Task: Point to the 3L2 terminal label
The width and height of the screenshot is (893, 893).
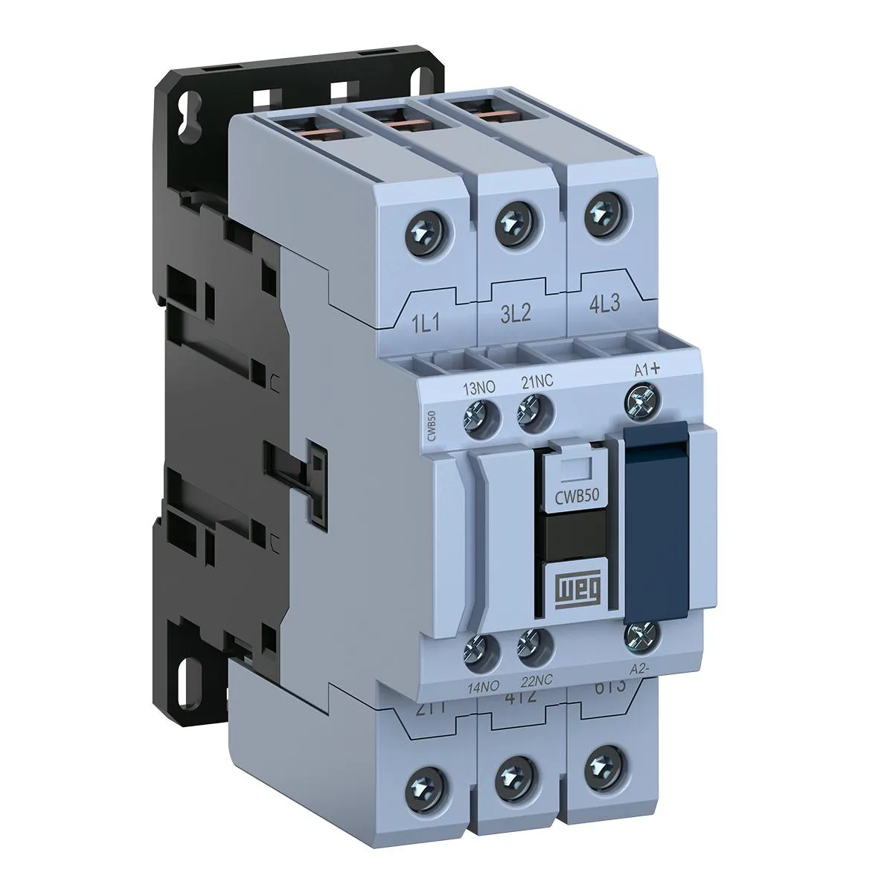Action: click(511, 312)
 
